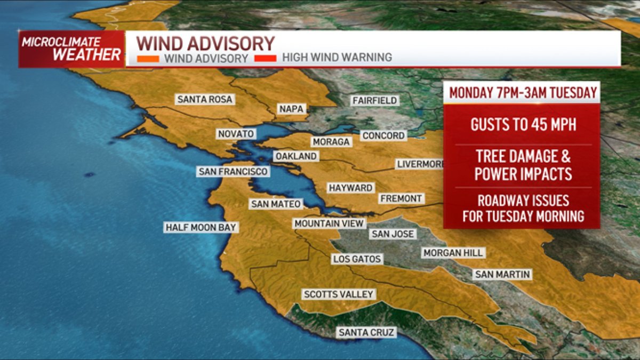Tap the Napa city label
point(291,109)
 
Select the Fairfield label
point(374,100)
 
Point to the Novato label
point(236,134)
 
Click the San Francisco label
point(233,172)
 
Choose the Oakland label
point(296,156)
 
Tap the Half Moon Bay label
point(201,228)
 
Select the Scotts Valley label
point(339,294)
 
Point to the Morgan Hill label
point(452,253)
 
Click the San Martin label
point(502,275)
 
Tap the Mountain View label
point(329,223)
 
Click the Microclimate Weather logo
point(71,49)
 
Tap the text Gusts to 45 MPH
point(523,124)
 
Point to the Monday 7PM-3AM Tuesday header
point(523,92)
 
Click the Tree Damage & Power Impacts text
point(523,165)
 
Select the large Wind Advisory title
point(205,43)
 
